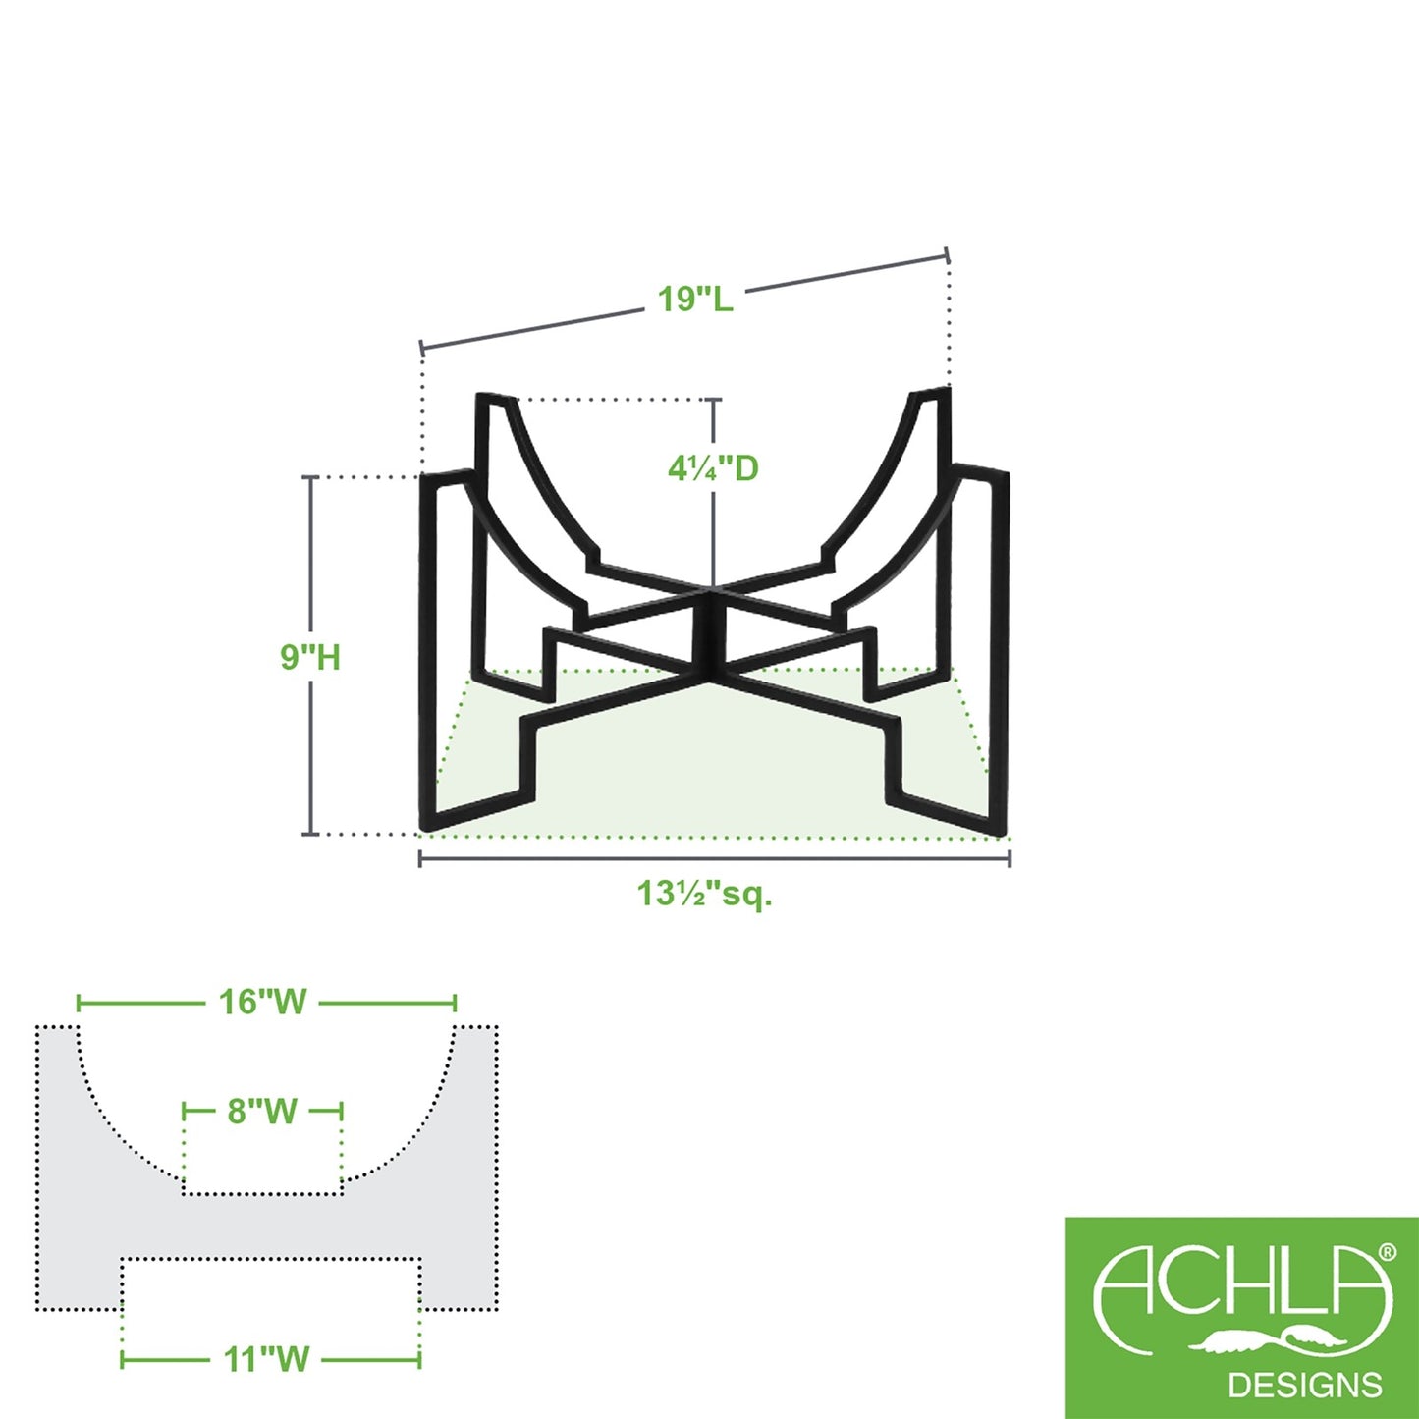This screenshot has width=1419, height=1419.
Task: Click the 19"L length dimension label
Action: (x=695, y=300)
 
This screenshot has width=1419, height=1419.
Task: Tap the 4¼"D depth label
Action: (x=713, y=468)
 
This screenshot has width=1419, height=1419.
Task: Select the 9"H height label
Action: (x=310, y=657)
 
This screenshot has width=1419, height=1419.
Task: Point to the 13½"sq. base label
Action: (x=705, y=894)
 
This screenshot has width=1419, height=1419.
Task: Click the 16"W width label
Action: (x=263, y=1003)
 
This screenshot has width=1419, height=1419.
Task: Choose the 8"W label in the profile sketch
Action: (x=262, y=1111)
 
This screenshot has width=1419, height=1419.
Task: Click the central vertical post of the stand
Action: (x=711, y=633)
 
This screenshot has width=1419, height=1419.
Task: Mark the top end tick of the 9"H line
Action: (x=310, y=478)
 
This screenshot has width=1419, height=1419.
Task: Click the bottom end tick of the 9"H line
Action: (x=310, y=835)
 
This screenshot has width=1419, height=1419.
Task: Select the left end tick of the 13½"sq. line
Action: (x=419, y=858)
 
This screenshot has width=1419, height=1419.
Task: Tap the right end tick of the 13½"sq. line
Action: (x=1009, y=858)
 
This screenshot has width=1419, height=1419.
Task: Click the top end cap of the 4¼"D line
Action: (x=712, y=399)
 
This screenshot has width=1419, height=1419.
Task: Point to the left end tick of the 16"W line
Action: (x=79, y=1003)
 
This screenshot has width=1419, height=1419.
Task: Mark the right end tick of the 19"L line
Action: (x=948, y=255)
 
